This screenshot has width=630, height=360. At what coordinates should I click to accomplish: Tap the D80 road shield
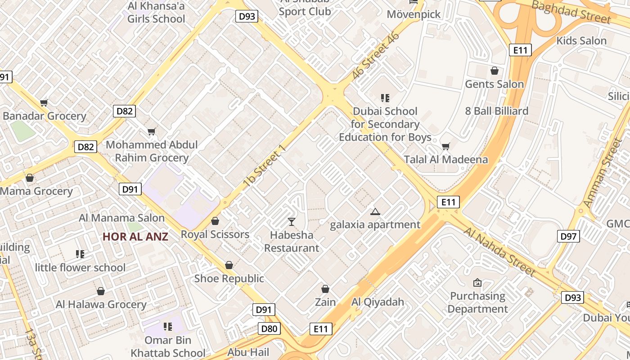tap(269, 328)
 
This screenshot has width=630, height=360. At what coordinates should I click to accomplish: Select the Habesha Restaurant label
tap(291, 241)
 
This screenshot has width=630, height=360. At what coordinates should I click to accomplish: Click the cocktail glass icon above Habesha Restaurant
tap(292, 221)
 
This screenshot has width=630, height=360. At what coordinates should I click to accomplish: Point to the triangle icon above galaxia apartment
tap(375, 211)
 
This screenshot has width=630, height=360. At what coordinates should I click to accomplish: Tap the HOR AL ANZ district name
tap(135, 237)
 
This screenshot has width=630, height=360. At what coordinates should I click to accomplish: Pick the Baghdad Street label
tap(571, 12)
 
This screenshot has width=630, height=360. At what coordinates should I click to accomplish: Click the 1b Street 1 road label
tap(264, 166)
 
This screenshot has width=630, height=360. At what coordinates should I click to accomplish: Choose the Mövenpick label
tap(414, 14)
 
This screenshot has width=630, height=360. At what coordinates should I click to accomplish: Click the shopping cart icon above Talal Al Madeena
tap(445, 146)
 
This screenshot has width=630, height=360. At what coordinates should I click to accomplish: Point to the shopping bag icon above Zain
tap(325, 289)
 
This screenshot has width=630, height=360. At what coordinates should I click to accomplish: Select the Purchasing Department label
tap(477, 302)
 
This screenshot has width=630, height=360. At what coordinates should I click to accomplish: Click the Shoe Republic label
tap(229, 279)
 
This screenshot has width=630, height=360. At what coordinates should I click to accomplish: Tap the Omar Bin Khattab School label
tap(168, 346)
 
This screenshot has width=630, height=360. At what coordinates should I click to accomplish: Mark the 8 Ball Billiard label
tap(497, 111)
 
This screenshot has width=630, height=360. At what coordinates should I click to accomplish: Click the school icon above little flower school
tap(80, 254)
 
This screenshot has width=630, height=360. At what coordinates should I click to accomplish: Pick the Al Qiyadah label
tap(378, 301)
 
